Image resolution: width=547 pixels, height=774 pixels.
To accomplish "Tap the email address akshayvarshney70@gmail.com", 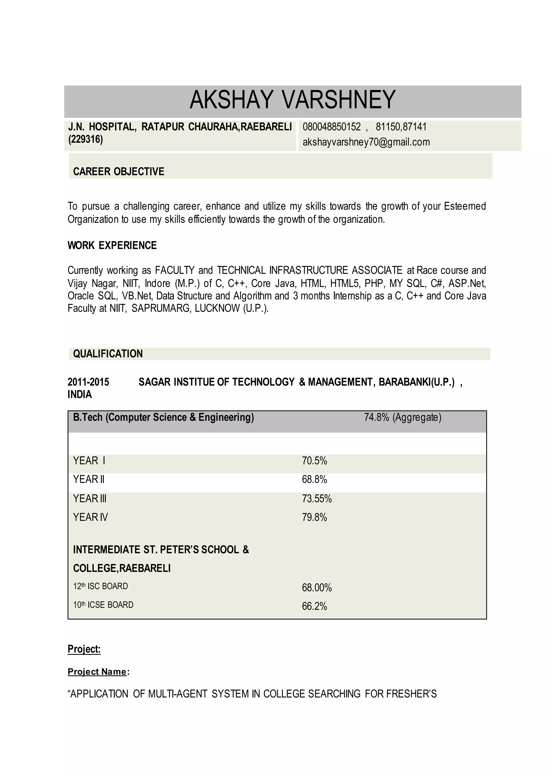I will click(x=366, y=142).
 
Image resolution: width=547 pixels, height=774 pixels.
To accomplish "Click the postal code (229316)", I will click(x=85, y=139).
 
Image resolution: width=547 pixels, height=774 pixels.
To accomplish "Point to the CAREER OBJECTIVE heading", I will click(x=119, y=171).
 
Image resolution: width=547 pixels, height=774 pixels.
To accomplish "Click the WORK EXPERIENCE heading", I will click(x=112, y=245).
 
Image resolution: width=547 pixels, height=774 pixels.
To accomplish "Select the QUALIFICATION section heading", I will click(x=108, y=354).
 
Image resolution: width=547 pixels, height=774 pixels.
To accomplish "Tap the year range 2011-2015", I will click(x=88, y=382).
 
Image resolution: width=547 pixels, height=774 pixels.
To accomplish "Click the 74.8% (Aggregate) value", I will click(x=403, y=417).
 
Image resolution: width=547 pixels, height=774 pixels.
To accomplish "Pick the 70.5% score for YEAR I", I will click(x=314, y=460).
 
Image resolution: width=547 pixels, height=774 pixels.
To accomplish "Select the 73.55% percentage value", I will click(x=317, y=498).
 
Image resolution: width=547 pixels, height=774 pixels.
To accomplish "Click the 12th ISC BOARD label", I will click(x=100, y=586).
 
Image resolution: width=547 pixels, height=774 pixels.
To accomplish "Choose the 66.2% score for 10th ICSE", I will click(x=314, y=606).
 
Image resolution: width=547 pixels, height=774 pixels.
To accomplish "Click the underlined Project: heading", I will click(x=84, y=649).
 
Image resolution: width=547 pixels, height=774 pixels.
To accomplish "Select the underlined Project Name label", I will click(x=97, y=672).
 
